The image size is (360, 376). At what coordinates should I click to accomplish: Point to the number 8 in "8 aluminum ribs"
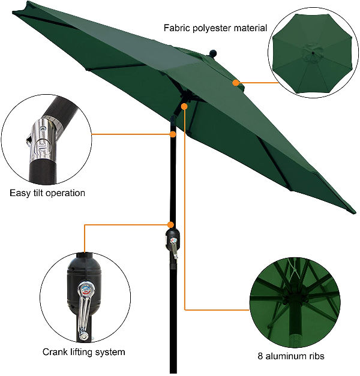260,356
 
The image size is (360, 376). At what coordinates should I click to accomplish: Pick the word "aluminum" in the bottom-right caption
285,356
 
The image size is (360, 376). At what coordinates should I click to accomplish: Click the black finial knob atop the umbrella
212,53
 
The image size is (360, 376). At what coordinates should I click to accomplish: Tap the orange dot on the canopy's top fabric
236,83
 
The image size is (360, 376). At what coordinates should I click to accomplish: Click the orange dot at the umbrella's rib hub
184,106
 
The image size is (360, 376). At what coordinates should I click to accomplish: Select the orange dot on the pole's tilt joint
173,134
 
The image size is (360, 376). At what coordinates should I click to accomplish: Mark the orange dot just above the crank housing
170,225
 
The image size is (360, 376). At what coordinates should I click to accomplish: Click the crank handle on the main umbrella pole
174,249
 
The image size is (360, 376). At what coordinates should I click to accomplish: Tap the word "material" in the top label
250,28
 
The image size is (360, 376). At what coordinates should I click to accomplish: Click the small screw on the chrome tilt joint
43,128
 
